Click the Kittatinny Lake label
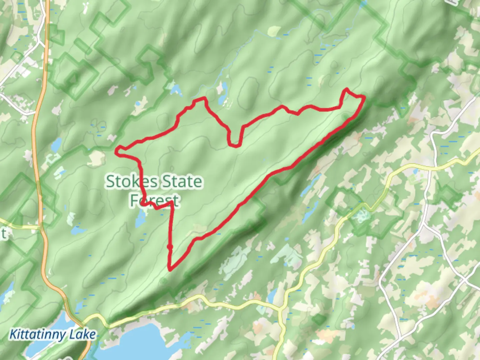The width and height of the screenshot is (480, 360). [52, 334]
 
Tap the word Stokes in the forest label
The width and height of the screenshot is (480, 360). [132, 182]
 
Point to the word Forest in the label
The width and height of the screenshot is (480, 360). [154, 200]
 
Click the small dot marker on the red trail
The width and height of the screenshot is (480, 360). [170, 247]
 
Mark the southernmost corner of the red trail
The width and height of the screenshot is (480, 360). [171, 269]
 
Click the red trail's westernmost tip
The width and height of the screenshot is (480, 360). [117, 152]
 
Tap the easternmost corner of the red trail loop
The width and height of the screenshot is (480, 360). [364, 97]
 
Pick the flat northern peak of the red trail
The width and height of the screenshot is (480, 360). [199, 99]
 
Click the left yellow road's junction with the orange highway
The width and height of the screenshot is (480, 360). [41, 228]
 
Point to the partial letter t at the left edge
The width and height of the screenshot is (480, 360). [3, 233]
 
